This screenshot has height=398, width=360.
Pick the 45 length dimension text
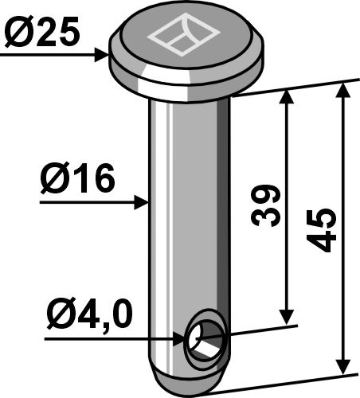point(322,232)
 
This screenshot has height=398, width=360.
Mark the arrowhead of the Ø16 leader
point(144,203)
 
